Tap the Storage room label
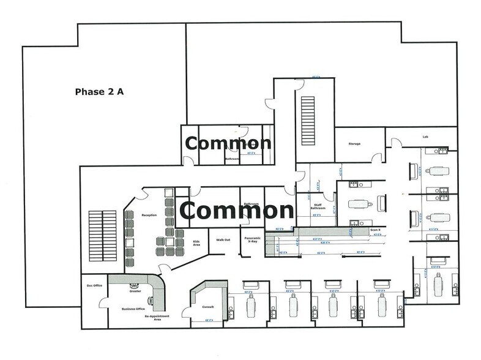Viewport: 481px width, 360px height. point(355,144)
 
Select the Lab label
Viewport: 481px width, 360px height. point(425,137)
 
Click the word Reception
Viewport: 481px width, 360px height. point(149,216)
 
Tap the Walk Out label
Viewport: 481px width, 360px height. point(223,240)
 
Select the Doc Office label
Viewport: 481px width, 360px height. point(94,286)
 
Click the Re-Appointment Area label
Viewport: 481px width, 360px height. point(157,318)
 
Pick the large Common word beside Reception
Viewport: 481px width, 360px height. point(237,211)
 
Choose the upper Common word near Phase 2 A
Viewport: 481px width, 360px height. point(228,143)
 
